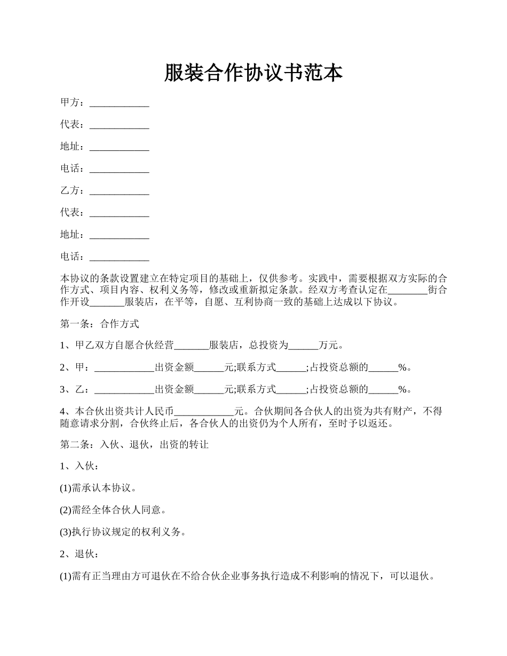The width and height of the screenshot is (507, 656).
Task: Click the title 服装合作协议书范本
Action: coord(253,73)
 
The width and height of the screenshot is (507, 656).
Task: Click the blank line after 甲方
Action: coord(119,102)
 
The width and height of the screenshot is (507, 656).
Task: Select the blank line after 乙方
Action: coord(119,190)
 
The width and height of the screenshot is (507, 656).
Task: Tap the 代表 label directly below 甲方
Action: coord(72,125)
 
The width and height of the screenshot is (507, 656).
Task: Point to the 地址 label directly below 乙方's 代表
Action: coord(72,235)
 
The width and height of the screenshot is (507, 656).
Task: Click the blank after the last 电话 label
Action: coord(119,257)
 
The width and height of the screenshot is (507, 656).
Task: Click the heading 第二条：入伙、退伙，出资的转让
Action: coord(134,444)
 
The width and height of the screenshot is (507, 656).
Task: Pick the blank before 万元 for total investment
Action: coord(303,345)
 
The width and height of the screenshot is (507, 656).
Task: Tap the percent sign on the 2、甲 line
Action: coord(403,367)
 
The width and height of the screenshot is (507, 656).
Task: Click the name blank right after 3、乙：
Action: coord(124,389)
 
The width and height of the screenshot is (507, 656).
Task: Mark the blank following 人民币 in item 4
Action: coord(204,411)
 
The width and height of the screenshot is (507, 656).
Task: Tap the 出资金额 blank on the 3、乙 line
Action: coord(209,389)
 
